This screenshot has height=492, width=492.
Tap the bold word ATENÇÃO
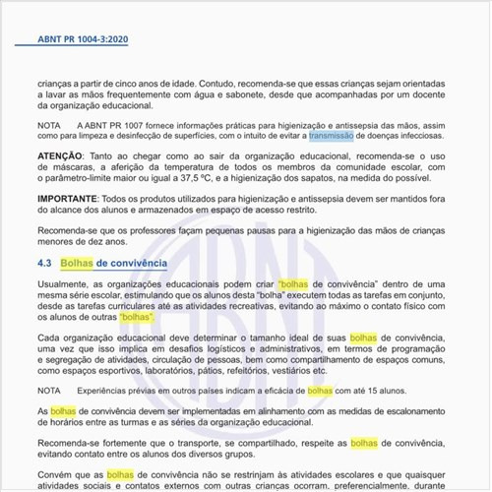click(x=61, y=155)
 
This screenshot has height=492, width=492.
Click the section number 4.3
click(x=44, y=264)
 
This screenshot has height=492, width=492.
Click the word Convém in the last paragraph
click(x=55, y=475)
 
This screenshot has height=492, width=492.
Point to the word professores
click(x=155, y=228)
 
